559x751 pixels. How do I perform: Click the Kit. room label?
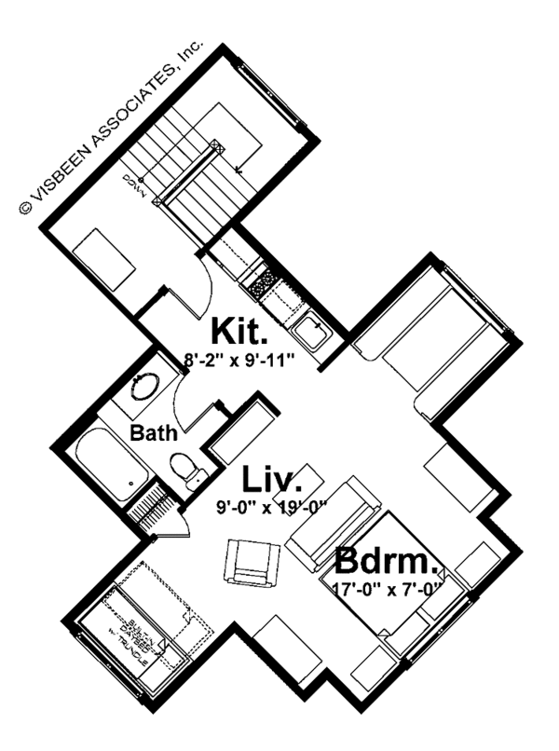pyautogui.click(x=239, y=332)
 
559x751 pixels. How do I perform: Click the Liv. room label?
pyautogui.click(x=272, y=482)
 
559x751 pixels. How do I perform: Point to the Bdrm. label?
pyautogui.click(x=386, y=562)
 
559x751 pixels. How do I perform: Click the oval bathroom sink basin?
pyautogui.click(x=147, y=387)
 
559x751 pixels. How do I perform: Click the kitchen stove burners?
pyautogui.click(x=264, y=277)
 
